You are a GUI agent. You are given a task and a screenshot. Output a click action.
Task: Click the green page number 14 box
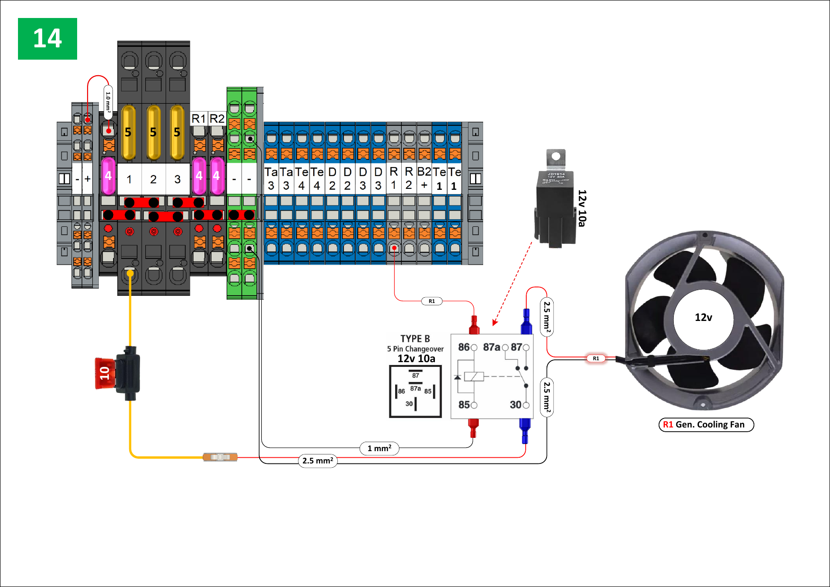tap(47, 39)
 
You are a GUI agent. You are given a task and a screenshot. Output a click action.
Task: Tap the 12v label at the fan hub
tap(703, 318)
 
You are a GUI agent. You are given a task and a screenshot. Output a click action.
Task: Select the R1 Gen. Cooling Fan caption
tap(706, 425)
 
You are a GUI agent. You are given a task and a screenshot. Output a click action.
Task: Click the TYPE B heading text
tap(415, 339)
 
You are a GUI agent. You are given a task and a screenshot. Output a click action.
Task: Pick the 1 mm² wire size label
tap(379, 448)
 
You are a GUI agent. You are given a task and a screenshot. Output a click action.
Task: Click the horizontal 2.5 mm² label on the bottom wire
tap(318, 461)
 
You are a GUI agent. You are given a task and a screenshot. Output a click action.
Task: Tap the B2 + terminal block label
tap(424, 178)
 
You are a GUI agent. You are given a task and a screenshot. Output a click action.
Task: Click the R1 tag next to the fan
tap(596, 358)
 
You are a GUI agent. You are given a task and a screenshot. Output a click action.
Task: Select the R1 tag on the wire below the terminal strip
tap(432, 301)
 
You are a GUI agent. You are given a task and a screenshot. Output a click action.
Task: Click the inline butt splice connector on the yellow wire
tap(220, 457)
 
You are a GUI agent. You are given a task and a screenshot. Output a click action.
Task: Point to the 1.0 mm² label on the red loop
tap(108, 102)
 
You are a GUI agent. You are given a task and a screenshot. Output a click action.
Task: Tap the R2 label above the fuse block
tap(217, 118)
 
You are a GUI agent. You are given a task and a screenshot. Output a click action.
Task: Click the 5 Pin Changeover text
tap(415, 349)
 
